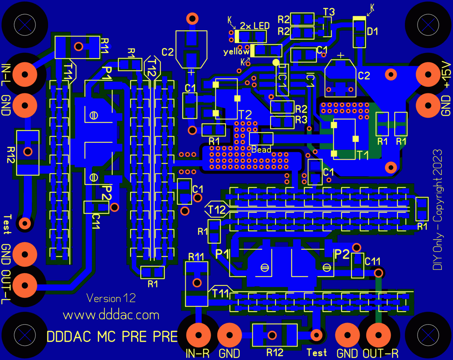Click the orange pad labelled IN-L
[25, 74]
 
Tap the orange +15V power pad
[428, 74]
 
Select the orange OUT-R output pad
[378, 335]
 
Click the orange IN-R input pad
[198, 335]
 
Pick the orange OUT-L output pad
[25, 285]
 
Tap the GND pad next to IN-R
[229, 335]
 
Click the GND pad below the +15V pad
[428, 105]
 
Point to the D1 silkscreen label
[372, 32]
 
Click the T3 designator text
[329, 12]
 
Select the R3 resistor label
[301, 120]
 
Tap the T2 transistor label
[245, 115]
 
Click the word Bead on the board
[261, 150]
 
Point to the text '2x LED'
[255, 26]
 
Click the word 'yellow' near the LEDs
[236, 52]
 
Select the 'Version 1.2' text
[111, 298]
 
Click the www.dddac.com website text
[111, 315]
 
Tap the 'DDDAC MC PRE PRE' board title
[112, 337]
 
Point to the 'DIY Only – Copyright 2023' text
[437, 209]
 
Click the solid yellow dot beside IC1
[276, 62]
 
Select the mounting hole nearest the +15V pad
[428, 25]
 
